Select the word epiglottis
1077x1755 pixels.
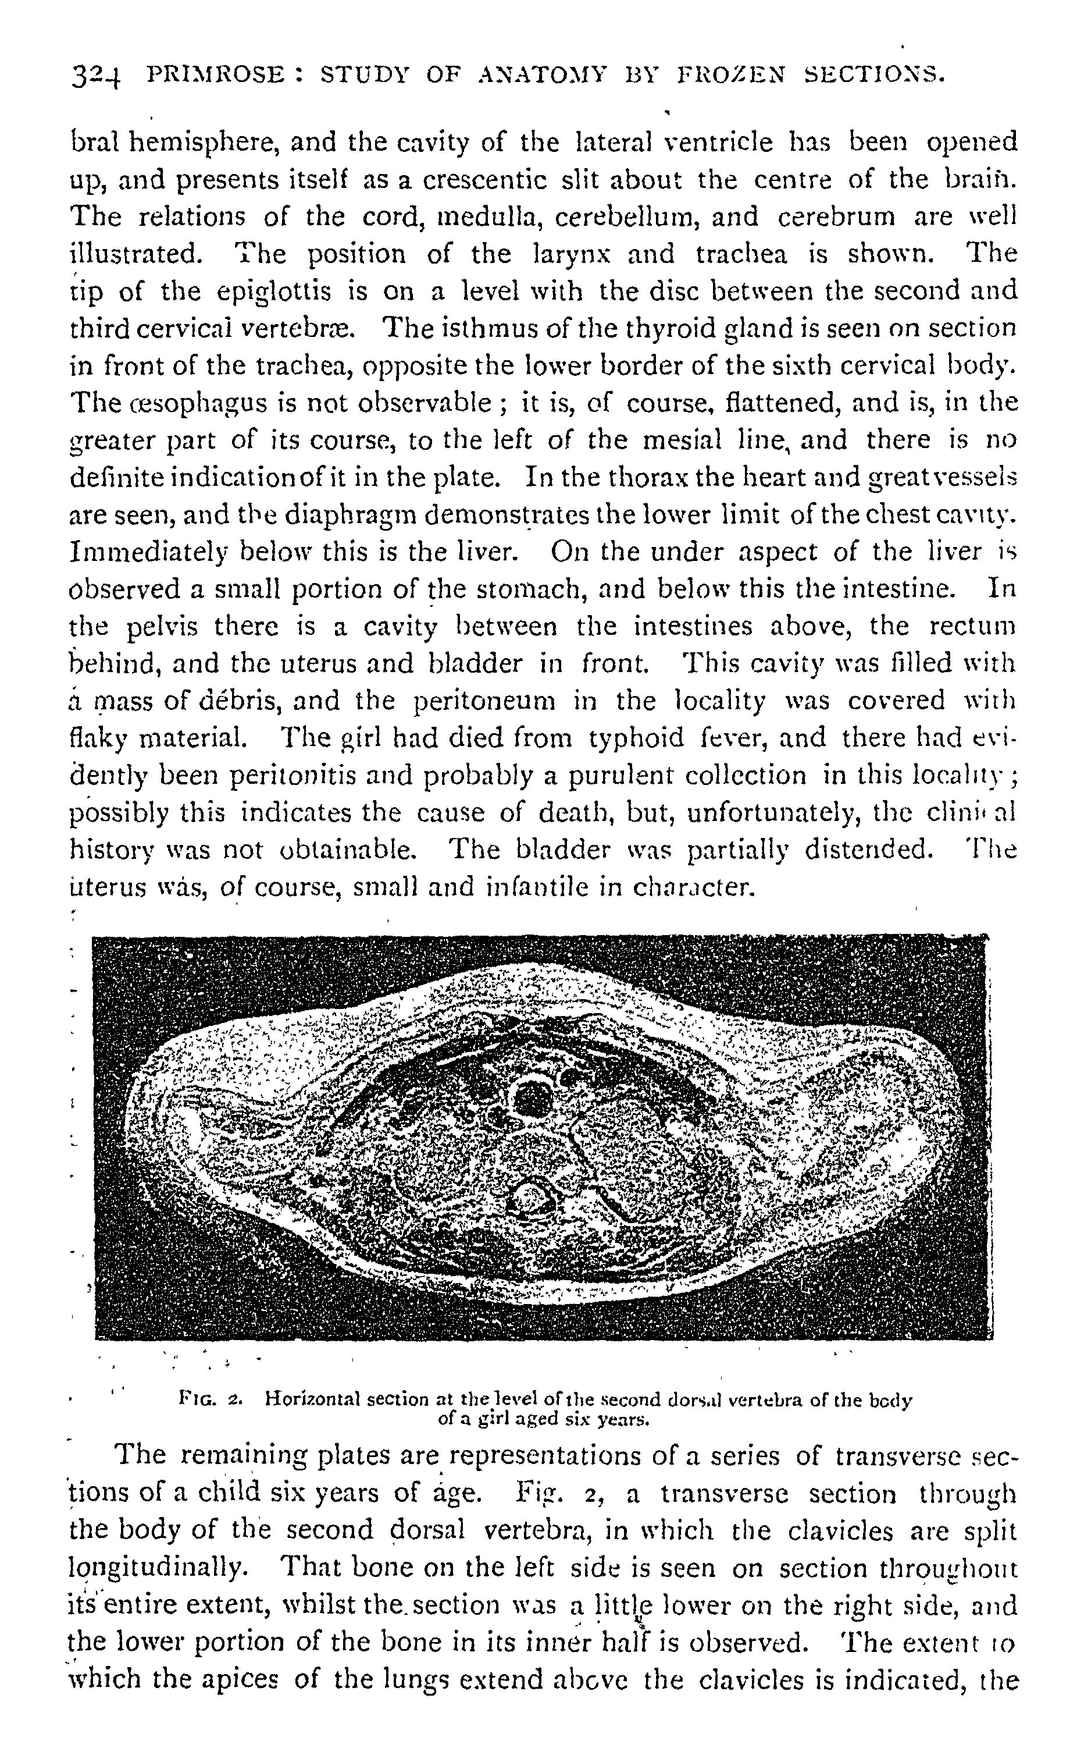276,292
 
